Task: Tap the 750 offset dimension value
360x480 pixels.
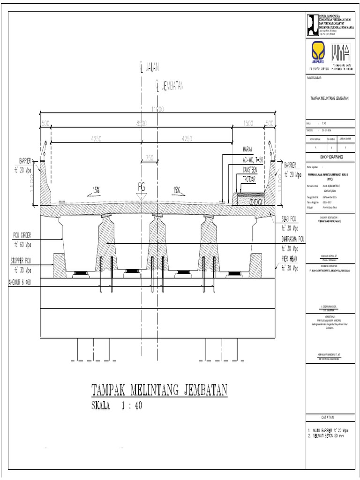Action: [x=149, y=158]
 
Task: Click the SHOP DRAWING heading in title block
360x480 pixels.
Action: [x=331, y=157]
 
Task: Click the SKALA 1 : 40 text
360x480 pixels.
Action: [x=116, y=406]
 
